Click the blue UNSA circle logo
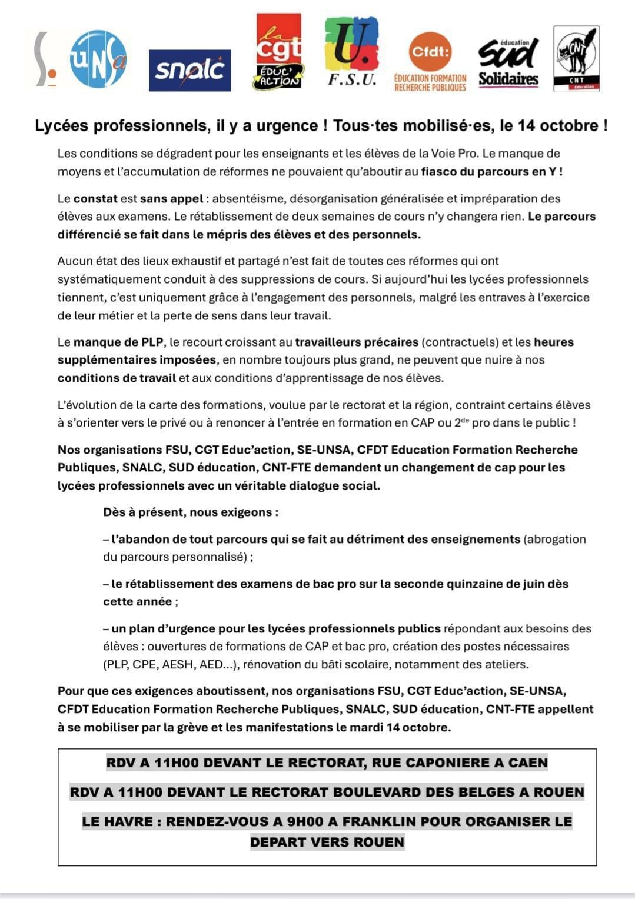(98, 58)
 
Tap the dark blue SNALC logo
(189, 70)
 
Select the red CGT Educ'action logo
(278, 52)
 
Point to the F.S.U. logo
(352, 52)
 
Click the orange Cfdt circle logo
(430, 52)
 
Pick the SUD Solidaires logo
(508, 62)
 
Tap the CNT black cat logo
(576, 58)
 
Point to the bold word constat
(95, 199)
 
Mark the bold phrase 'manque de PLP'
(118, 342)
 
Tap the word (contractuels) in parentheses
(460, 342)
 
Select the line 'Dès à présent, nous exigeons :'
(191, 512)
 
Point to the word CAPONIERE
(428, 763)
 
